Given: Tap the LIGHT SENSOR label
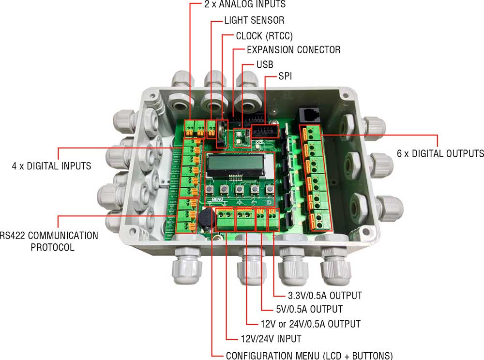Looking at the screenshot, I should tap(254, 20).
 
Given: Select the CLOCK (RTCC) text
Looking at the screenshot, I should tap(264, 36).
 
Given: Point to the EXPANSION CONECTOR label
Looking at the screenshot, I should tap(293, 50).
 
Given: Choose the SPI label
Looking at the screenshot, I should tap(285, 77).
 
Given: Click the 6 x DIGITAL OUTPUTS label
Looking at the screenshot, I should tap(440, 153).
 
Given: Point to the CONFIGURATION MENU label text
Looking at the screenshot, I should tap(309, 354).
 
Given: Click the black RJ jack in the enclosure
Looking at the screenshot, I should tap(310, 114).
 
